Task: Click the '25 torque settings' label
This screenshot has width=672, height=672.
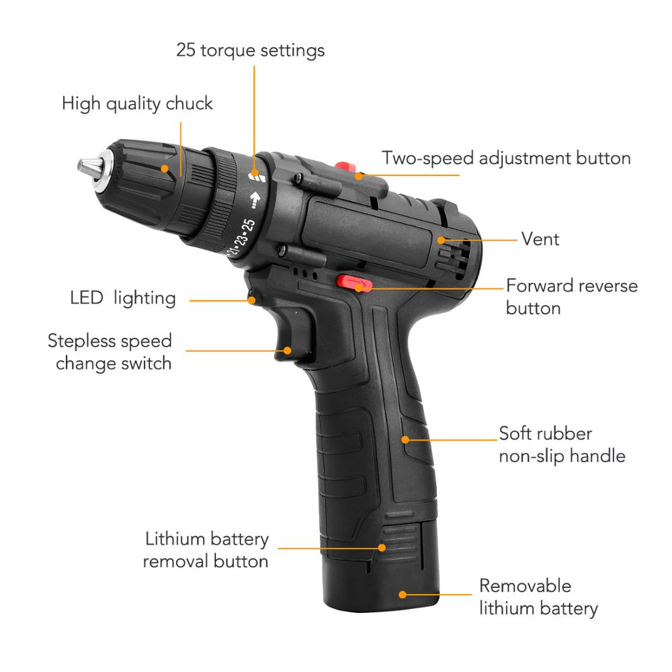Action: point(250,50)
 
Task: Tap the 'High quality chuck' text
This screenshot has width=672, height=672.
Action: point(137,103)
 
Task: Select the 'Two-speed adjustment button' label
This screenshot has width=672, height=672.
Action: point(506,158)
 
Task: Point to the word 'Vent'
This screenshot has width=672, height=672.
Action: point(540,239)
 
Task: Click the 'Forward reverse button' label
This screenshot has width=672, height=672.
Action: point(571,296)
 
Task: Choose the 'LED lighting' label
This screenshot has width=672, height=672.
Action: point(122,298)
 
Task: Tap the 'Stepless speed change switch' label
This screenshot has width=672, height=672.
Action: point(110,351)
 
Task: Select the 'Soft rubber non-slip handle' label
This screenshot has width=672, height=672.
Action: point(561,444)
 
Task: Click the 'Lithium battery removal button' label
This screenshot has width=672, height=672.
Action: point(206,550)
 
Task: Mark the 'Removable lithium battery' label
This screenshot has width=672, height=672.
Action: point(538,597)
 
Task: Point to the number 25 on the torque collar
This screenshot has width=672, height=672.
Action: point(247,225)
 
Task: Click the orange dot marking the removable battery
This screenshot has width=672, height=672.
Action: point(403,594)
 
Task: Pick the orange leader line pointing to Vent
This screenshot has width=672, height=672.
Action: point(480,239)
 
